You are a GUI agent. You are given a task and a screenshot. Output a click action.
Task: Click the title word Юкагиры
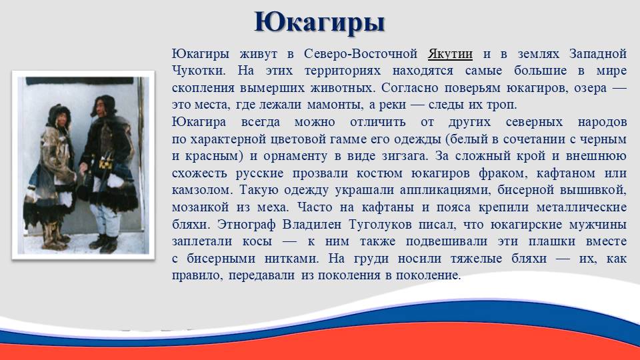tap(319, 23)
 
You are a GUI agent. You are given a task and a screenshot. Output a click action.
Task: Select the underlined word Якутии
tap(450, 54)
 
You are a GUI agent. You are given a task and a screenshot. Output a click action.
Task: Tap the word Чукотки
tap(199, 71)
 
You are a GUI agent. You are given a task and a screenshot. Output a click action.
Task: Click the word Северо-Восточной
tap(361, 54)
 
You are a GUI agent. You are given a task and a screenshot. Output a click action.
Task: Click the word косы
tap(257, 241)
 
